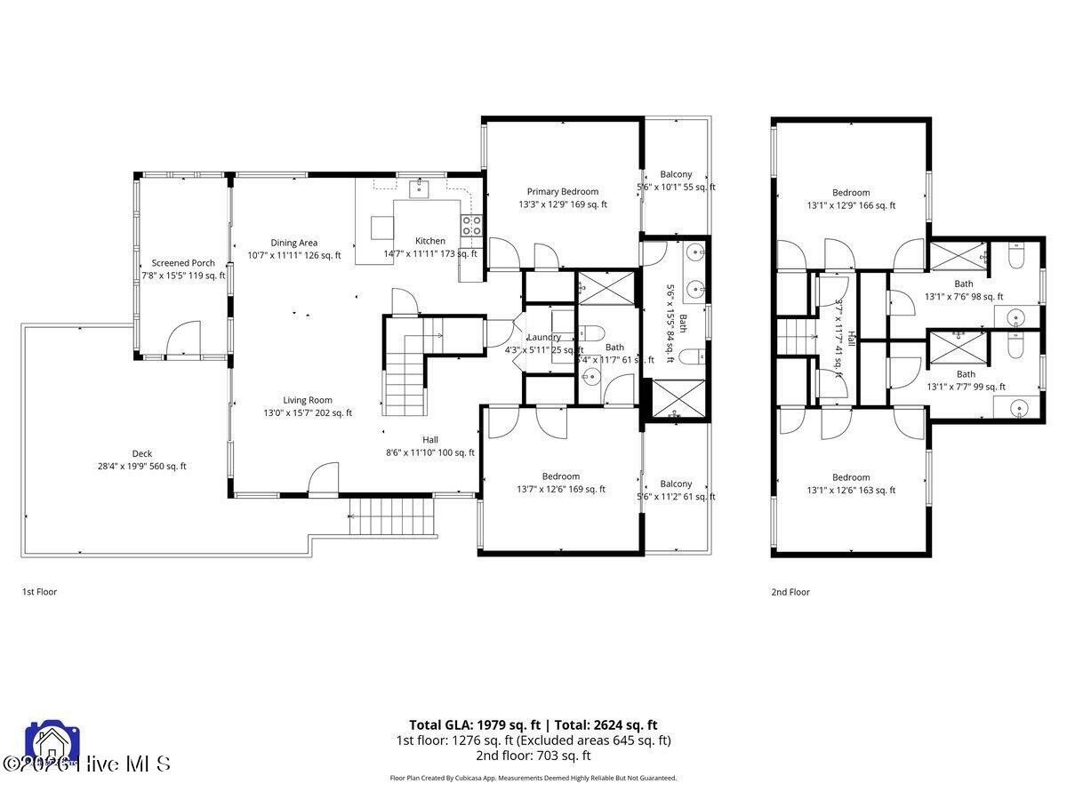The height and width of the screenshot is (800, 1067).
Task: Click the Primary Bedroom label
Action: point(562,192)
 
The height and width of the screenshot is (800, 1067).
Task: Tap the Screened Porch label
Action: point(183,263)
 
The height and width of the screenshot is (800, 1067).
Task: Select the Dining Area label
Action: point(294,243)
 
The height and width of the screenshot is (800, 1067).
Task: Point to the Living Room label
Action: point(308,400)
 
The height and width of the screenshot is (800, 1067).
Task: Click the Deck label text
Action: point(142,453)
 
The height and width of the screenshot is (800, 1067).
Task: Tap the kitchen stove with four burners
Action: point(470,226)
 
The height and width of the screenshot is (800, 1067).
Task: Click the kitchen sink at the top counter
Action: point(418,188)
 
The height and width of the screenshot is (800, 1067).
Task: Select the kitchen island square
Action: point(381,228)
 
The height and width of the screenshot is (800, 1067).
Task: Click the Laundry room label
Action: point(543,337)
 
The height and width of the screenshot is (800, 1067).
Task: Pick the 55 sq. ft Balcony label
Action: point(676,175)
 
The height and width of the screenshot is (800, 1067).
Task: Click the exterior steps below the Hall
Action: point(392,516)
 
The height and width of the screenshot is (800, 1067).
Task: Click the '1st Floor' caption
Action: point(39,591)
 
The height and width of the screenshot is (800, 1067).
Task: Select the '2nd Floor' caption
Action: point(790,592)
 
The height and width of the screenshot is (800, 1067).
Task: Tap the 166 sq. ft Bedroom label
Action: point(851,193)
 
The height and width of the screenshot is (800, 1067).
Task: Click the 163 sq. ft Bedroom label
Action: point(851,477)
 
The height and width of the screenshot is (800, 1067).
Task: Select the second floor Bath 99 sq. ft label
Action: point(965,375)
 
